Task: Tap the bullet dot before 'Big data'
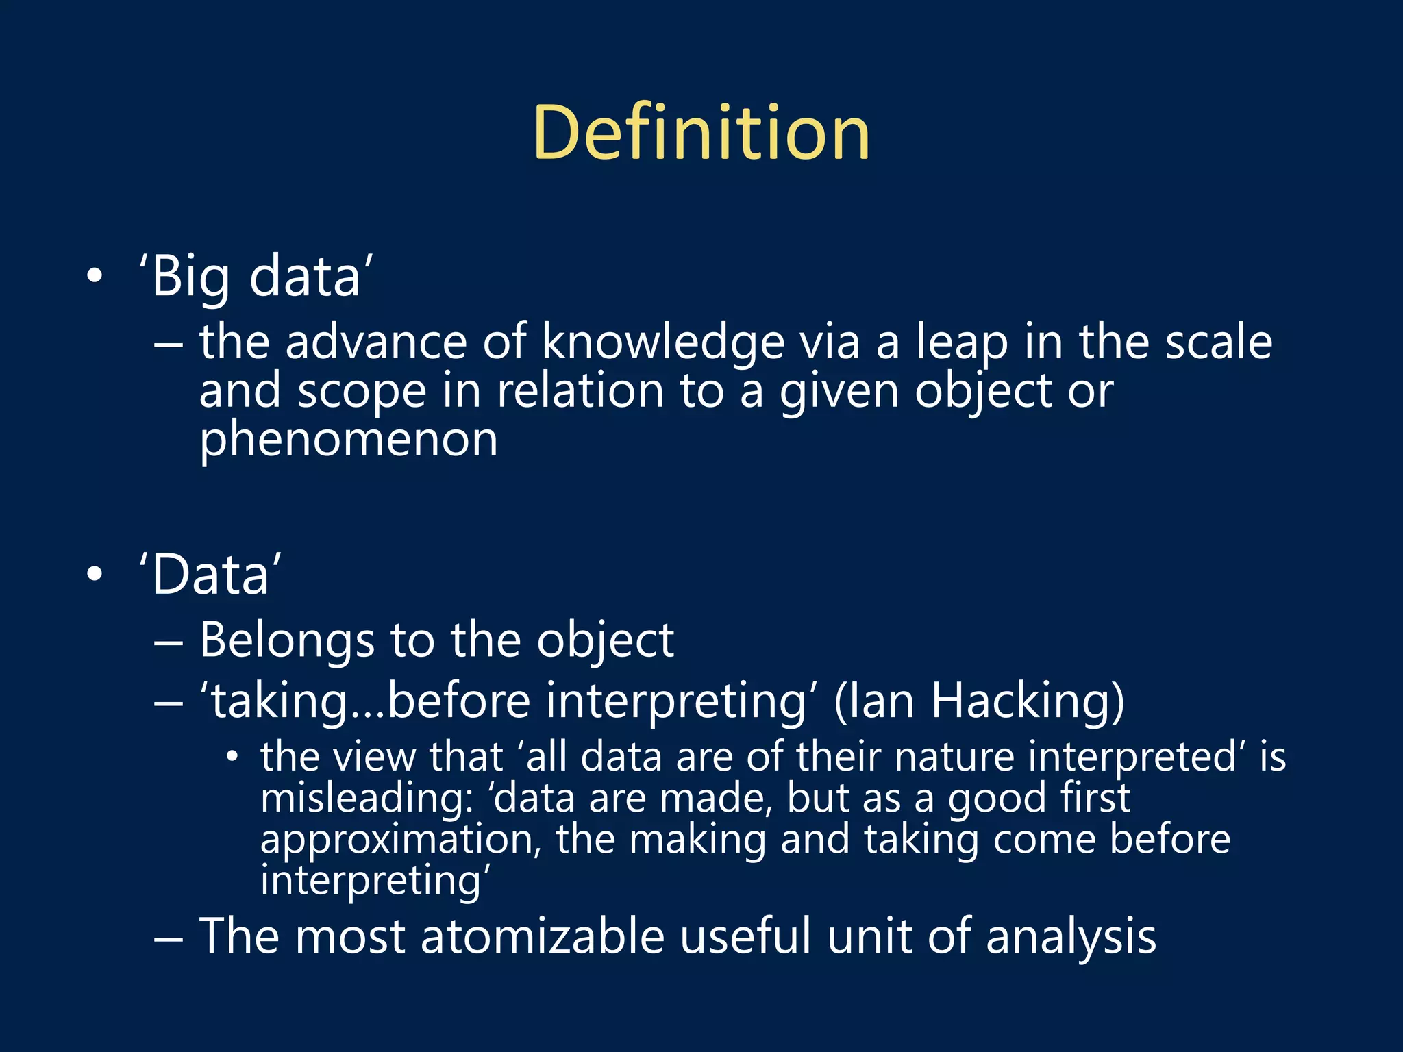pos(95,277)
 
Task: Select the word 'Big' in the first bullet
pos(190,277)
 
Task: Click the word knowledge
pos(662,342)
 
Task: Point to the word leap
pos(962,342)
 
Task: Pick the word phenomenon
pos(348,440)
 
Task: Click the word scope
pos(362,392)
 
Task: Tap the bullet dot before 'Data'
pos(95,574)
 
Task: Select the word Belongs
pos(286,640)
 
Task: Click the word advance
pos(375,342)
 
